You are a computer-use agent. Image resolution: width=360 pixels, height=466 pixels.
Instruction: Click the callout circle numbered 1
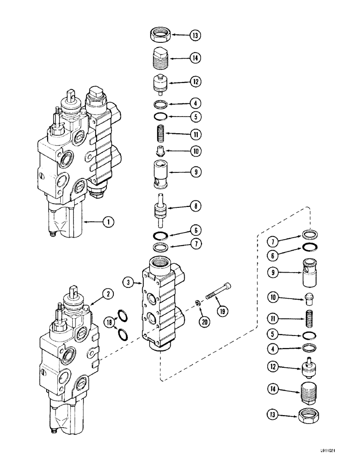(x=108, y=222)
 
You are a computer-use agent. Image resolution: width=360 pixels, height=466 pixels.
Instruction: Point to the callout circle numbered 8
(x=194, y=205)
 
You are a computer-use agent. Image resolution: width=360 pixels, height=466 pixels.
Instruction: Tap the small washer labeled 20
(x=197, y=304)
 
